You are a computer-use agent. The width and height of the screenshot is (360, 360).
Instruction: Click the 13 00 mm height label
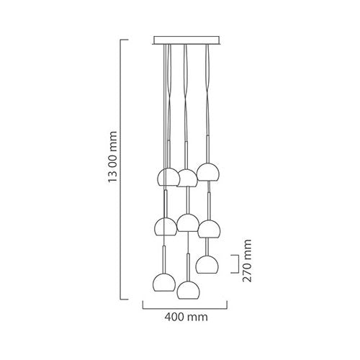point(112,157)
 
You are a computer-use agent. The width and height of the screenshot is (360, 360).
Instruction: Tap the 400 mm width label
point(186,317)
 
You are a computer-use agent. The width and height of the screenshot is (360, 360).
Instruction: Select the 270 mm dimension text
point(247,261)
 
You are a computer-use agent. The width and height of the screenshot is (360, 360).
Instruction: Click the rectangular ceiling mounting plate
point(186,40)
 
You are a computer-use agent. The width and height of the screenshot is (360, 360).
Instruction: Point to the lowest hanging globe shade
point(188,290)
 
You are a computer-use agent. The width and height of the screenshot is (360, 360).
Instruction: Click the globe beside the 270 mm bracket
point(207,264)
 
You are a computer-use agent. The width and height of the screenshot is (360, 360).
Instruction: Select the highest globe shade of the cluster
point(207,172)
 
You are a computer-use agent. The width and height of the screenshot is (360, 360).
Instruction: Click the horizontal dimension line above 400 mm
point(185,309)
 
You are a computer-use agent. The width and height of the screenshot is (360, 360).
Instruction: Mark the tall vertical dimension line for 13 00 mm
point(120,169)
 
